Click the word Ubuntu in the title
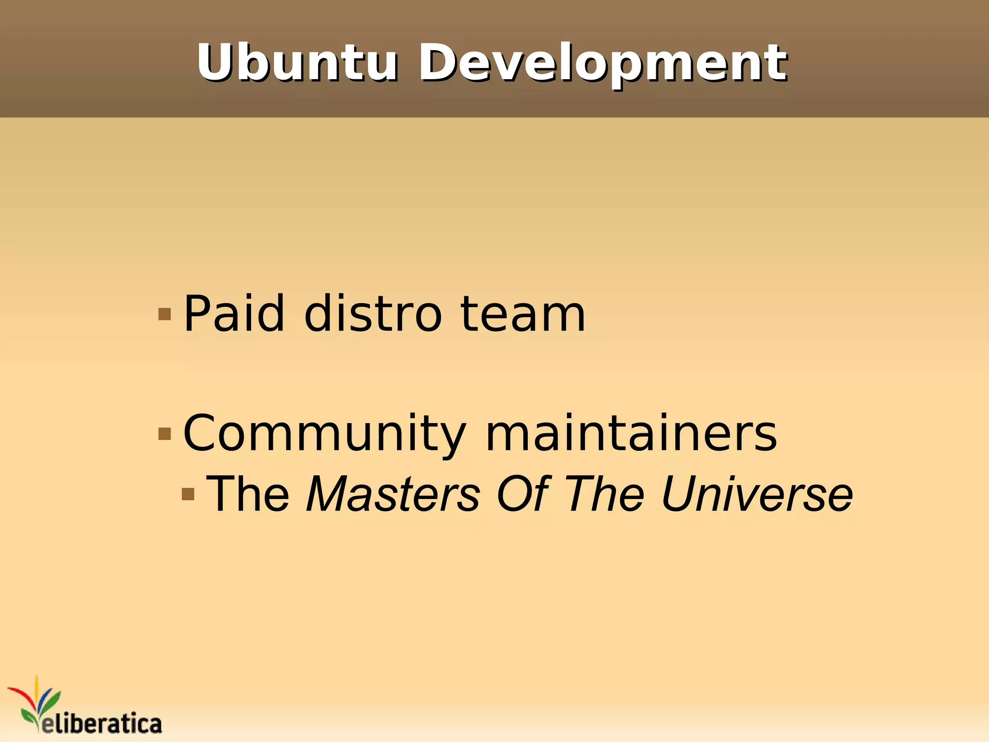[297, 63]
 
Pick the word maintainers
[631, 434]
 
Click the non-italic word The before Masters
[248, 494]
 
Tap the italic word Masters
[393, 494]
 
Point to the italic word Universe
[756, 494]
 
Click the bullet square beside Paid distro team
[165, 314]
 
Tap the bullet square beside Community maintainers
[165, 434]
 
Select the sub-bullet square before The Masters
[188, 494]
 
